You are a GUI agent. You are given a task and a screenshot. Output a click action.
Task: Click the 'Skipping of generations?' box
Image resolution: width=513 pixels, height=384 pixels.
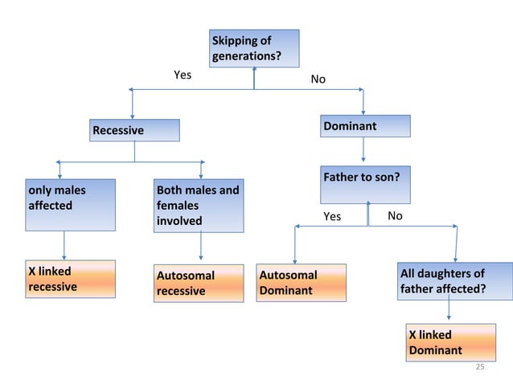pos(254,48)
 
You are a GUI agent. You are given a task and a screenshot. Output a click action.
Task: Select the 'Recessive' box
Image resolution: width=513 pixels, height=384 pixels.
pos(134,130)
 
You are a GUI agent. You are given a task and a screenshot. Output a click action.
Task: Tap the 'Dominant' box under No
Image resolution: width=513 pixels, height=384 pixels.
pos(365,126)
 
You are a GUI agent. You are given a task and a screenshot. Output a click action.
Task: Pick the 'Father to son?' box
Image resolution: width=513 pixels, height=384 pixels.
pos(365,185)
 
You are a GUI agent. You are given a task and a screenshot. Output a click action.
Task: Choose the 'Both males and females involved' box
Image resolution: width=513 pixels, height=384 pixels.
pos(199,206)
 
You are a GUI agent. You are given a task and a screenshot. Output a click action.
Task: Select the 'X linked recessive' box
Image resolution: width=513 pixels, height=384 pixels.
pos(71,280)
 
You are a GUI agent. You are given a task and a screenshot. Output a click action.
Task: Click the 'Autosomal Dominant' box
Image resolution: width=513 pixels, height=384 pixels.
pos(302,283)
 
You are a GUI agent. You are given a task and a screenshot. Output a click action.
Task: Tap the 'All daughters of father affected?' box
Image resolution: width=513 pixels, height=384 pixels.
pos(455,281)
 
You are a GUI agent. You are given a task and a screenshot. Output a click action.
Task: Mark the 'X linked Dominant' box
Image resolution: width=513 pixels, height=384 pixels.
pos(449,342)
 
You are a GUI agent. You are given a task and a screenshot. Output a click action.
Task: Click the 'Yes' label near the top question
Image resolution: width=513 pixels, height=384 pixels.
pos(183,75)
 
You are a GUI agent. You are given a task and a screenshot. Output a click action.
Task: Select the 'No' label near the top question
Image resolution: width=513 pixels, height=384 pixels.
pos(318,80)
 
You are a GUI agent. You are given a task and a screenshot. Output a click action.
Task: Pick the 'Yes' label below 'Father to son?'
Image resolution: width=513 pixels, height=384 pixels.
pos(332,217)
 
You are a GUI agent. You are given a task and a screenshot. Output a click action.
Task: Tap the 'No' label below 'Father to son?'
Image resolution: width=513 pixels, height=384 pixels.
pos(395,216)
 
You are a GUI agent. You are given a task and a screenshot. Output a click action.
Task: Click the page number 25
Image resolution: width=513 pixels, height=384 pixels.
pos(481,367)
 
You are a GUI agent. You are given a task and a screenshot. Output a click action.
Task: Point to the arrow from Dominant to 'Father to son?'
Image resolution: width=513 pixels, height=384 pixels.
pos(364,150)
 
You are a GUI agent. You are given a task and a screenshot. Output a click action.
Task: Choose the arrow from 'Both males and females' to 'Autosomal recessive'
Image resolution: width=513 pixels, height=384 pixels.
pos(200,247)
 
